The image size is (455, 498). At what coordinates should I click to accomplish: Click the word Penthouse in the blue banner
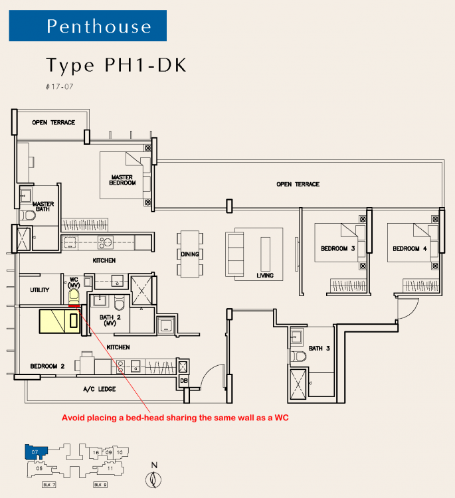click(100, 27)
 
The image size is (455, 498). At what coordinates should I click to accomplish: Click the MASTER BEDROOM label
click(124, 180)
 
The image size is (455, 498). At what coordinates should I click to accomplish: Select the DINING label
click(189, 254)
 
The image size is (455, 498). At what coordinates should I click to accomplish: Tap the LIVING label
click(265, 275)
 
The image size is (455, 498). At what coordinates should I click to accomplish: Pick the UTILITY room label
click(40, 290)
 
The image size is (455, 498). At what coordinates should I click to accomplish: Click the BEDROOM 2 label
click(47, 366)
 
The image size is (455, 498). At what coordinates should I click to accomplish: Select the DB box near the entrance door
click(184, 381)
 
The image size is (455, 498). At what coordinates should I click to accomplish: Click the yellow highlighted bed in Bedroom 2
click(60, 321)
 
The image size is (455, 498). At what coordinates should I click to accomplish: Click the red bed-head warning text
click(177, 418)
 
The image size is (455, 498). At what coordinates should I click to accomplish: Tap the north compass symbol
click(154, 477)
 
